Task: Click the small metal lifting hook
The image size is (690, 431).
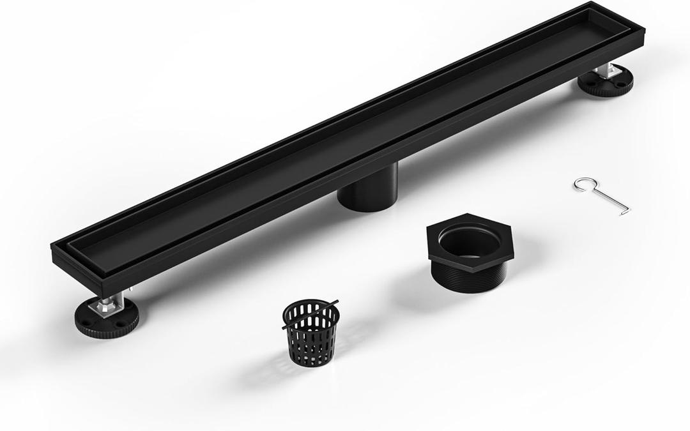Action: pos(601,194)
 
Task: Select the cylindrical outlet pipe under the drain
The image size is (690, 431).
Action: pos(367,188)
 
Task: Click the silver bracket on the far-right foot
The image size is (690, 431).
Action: pos(604,72)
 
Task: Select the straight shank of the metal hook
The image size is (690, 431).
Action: pos(609,197)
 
